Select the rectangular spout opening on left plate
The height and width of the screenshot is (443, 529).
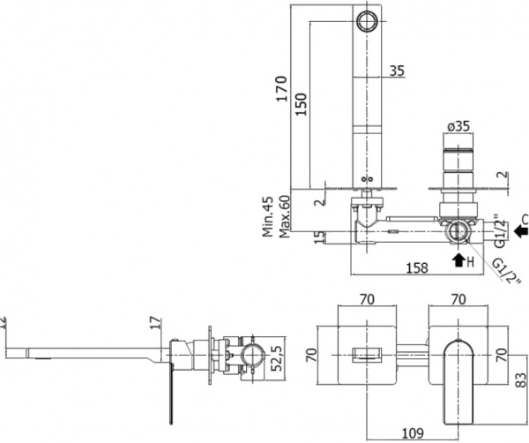coord(365,355)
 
